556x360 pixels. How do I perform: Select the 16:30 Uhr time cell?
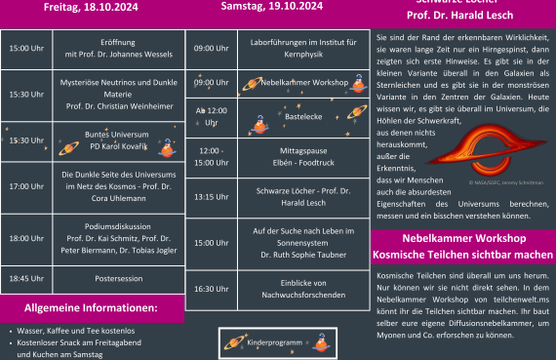[211, 289]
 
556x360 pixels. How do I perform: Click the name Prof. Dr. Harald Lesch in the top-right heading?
[463, 18]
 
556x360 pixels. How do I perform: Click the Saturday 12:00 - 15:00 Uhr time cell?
[211, 157]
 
